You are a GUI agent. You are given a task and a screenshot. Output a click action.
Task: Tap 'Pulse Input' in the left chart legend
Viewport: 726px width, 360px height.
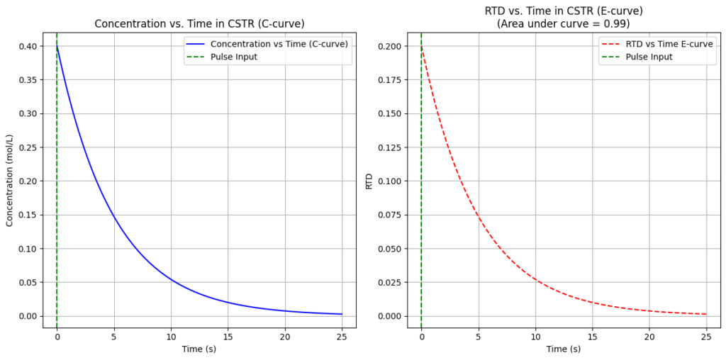(x=233, y=57)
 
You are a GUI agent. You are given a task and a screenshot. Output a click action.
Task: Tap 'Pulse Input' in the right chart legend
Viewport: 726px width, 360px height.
(x=649, y=57)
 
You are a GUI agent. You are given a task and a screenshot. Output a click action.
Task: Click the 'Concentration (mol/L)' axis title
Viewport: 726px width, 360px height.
(x=10, y=180)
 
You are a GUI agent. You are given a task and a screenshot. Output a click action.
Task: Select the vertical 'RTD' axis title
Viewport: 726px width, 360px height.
(x=369, y=181)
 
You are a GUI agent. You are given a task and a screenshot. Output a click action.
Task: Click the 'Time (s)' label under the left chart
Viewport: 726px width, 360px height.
(x=199, y=349)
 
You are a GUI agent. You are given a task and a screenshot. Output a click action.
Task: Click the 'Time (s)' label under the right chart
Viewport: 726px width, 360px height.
(x=564, y=349)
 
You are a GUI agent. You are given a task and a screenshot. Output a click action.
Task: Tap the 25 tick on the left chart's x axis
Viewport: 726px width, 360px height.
(x=342, y=335)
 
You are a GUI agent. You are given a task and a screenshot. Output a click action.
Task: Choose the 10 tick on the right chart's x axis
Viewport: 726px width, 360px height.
(x=535, y=335)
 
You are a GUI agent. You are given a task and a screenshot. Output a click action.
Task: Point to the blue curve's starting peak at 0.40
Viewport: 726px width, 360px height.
(x=57, y=47)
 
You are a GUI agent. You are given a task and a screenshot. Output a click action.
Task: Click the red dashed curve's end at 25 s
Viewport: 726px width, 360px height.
(x=706, y=314)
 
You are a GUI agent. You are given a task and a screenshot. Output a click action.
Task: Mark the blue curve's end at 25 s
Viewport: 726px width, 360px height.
(x=342, y=314)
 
